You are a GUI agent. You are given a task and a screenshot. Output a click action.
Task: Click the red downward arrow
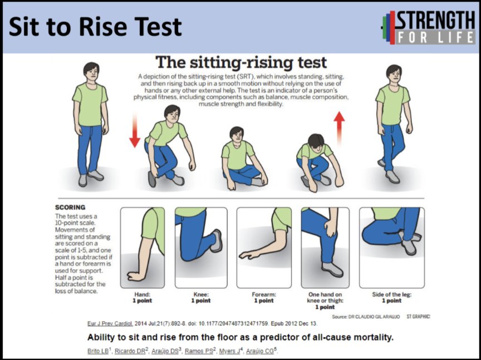click(135, 130)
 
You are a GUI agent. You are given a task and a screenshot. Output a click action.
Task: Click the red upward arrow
click(339, 128)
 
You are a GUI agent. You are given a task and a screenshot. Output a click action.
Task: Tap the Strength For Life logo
click(428, 27)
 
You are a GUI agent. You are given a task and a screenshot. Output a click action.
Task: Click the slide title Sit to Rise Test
click(95, 27)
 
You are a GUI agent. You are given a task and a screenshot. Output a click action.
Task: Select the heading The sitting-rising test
click(241, 62)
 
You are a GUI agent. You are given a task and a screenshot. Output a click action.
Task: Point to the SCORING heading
click(70, 208)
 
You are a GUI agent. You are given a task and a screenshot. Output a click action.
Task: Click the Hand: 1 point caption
click(143, 298)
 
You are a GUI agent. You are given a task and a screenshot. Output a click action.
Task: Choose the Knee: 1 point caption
click(201, 298)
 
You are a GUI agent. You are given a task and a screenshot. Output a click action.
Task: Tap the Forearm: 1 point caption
click(264, 298)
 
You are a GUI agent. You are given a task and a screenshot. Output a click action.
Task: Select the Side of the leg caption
click(392, 298)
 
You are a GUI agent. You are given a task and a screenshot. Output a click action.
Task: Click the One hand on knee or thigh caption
click(325, 300)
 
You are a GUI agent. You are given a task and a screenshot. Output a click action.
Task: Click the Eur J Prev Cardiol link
click(110, 323)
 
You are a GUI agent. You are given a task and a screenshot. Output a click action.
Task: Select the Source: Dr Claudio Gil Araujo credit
click(366, 317)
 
